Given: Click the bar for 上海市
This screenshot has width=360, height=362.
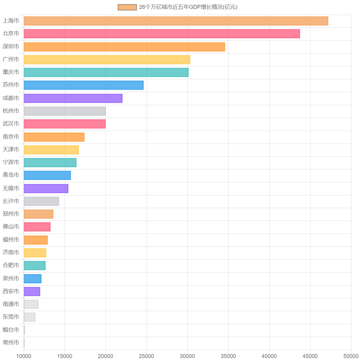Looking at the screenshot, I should (x=176, y=21).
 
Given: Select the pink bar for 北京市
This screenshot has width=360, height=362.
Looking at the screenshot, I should (x=162, y=34).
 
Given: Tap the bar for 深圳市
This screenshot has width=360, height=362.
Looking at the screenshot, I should (x=124, y=47).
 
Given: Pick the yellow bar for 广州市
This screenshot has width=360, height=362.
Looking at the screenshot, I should (x=107, y=60).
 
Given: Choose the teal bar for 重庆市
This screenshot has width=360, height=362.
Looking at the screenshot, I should (x=106, y=72).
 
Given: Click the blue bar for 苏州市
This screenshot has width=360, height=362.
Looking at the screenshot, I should (x=84, y=85).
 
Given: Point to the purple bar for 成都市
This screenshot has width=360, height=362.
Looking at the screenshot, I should (x=73, y=98).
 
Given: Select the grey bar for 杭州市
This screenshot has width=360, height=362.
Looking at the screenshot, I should (x=65, y=111).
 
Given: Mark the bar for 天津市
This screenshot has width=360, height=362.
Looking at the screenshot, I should (x=51, y=150).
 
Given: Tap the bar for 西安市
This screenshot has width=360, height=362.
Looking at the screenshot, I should (x=32, y=292).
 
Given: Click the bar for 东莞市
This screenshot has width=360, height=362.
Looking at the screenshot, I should (x=29, y=317).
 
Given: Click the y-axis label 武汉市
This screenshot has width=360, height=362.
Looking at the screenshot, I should (x=11, y=124).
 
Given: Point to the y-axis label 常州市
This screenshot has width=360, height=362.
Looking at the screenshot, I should (x=11, y=343).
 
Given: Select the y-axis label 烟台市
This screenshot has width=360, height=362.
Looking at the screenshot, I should (x=11, y=330).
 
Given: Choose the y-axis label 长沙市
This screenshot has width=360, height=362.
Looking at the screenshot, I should (x=11, y=201).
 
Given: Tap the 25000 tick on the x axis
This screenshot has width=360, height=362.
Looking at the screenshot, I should (x=146, y=356).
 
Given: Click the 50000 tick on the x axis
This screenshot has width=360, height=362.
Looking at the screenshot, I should (x=351, y=356).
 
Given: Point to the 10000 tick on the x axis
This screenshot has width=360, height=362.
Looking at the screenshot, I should (x=24, y=356).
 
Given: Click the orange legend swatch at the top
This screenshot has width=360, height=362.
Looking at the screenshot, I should (x=127, y=7).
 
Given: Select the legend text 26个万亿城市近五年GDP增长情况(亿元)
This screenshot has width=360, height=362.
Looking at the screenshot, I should (x=188, y=7).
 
